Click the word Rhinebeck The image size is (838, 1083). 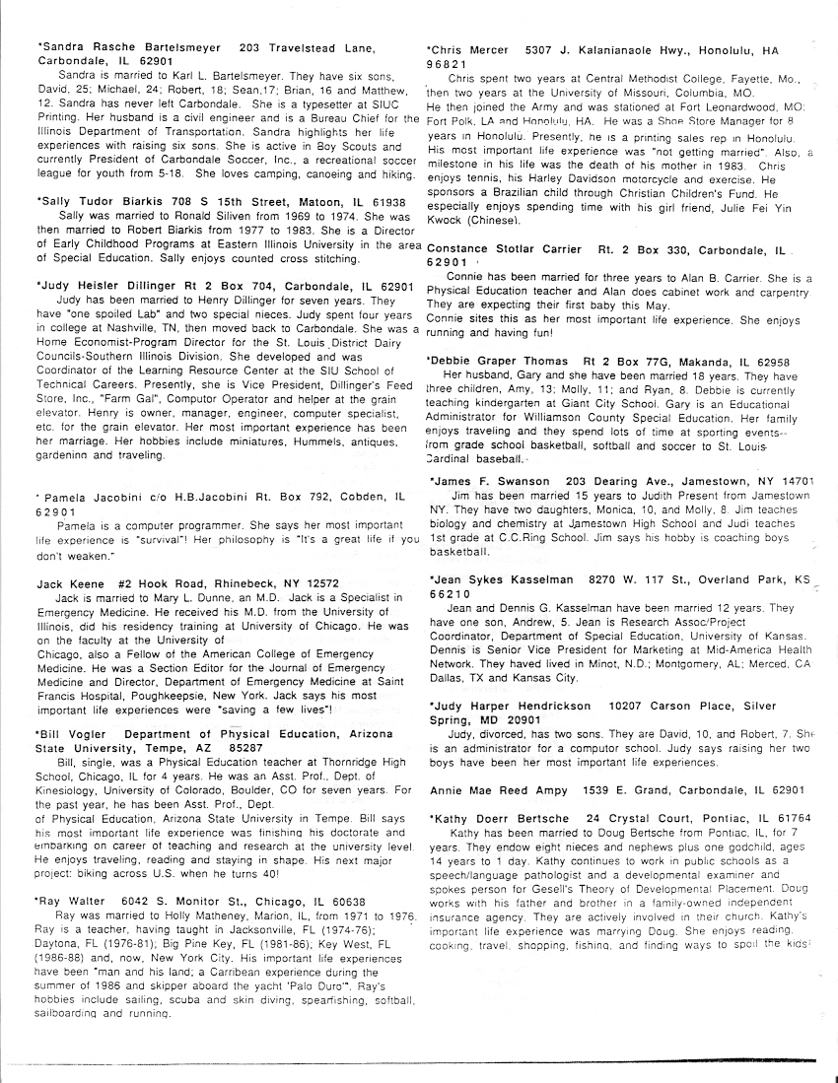pyautogui.click(x=210, y=584)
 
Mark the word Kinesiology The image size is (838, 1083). pyautogui.click(x=71, y=790)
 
